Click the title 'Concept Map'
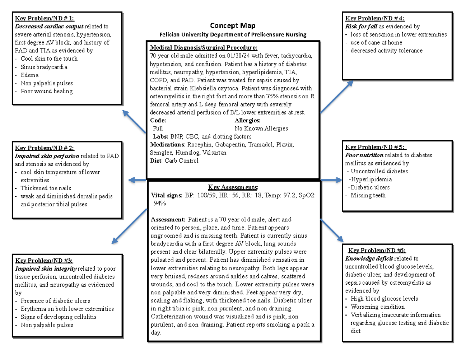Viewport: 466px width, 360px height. click(233, 26)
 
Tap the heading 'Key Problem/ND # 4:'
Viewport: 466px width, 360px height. click(375, 18)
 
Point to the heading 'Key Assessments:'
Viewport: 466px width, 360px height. click(233, 187)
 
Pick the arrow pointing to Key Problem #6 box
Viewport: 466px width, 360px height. click(332, 230)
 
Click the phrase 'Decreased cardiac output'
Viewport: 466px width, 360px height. click(49, 26)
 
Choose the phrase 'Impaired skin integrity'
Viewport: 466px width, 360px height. click(45, 268)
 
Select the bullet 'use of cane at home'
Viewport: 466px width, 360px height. click(376, 42)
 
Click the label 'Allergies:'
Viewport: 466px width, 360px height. click(247, 120)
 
